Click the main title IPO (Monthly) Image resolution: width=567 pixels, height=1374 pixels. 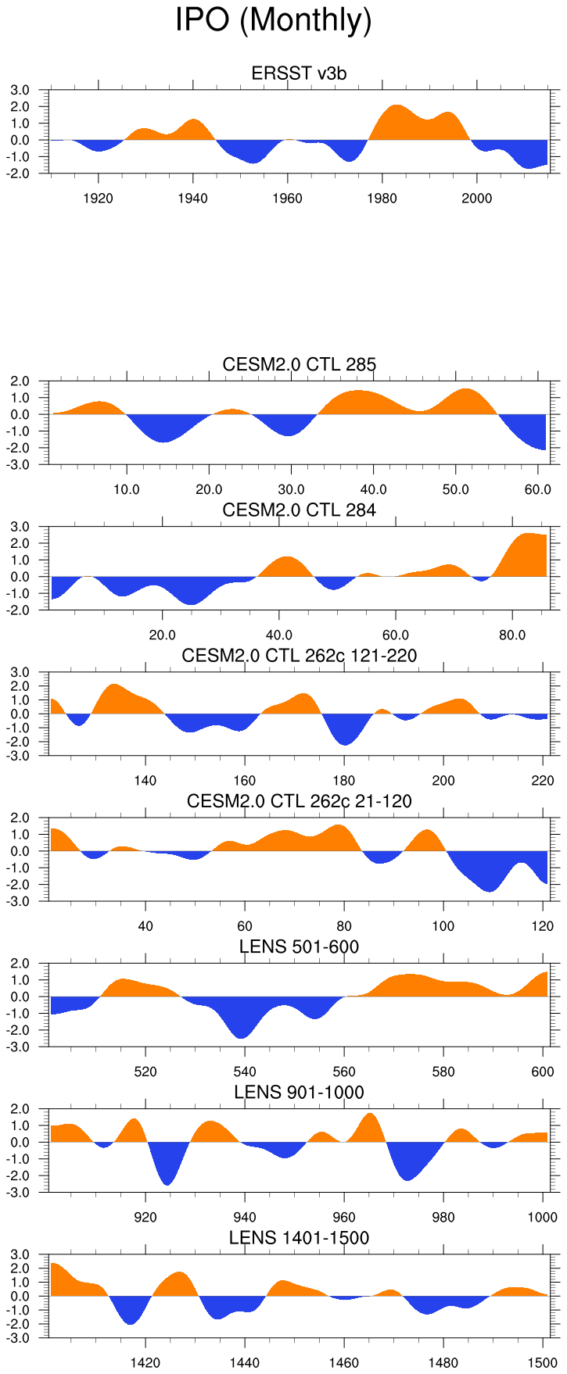pos(273,20)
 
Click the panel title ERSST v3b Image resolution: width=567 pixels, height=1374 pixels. pos(299,73)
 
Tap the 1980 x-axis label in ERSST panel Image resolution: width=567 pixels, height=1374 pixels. pos(382,199)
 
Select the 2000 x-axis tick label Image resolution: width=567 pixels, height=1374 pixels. pos(476,199)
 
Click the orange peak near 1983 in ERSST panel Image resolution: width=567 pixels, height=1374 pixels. pos(396,121)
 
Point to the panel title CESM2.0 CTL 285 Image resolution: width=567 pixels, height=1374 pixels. pos(299,364)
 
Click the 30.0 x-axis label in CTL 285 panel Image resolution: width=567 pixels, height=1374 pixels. pos(291,490)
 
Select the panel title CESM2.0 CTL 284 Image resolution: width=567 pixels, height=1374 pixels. pos(299,510)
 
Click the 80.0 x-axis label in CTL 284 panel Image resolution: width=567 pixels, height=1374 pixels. pos(512,635)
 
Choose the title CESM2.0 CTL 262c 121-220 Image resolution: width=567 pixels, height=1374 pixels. pos(299,656)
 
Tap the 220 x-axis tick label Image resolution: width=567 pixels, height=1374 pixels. pos(543,781)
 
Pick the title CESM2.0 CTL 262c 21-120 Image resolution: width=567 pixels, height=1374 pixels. pos(299,801)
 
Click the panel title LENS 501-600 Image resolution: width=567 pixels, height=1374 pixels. pos(299,947)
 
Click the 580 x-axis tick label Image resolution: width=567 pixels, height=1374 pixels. pos(443,1072)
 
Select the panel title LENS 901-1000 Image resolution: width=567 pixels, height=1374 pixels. pos(299,1093)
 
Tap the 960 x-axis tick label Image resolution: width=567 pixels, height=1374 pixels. pos(344,1218)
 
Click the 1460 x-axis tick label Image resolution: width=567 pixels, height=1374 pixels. pos(344,1363)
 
